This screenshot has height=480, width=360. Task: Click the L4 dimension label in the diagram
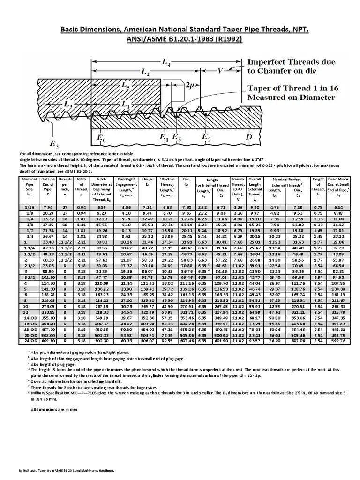pyautogui.click(x=165, y=61)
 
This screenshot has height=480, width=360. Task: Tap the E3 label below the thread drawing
pyautogui.click(x=53, y=143)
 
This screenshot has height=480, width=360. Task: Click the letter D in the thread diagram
pyautogui.click(x=249, y=137)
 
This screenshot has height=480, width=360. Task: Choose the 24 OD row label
pyautogui.click(x=29, y=341)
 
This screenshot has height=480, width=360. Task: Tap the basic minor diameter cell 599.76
pyautogui.click(x=338, y=341)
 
